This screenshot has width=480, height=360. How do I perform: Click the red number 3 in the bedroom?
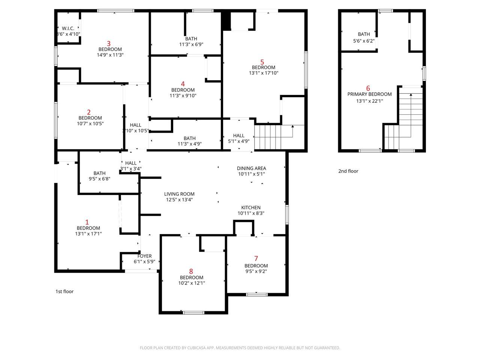pos(109,43)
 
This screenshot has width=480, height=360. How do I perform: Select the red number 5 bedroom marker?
pos(262,62)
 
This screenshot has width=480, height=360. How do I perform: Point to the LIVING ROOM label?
pos(179,194)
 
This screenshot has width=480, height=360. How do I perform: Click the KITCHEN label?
pos(251,208)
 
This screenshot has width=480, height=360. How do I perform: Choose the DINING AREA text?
pos(251,168)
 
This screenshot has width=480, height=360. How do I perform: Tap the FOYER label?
pos(144,256)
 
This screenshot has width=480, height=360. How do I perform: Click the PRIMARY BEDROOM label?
pos(369,94)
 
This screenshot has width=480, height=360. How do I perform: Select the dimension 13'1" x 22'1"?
pos(369,101)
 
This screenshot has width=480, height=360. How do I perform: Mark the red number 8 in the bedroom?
pos(191,271)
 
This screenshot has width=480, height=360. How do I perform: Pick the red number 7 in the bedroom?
pos(256,258)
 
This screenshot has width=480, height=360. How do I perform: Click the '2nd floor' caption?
pos(348,171)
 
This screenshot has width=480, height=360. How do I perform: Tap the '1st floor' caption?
pos(64,291)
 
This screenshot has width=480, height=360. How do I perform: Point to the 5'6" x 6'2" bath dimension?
pos(364,40)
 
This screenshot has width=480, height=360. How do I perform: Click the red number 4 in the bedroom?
pos(183,84)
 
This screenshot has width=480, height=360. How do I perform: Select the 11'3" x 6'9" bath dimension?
pos(191,44)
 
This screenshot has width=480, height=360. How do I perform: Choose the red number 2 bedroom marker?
pos(89,112)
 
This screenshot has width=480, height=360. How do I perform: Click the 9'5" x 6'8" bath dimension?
pos(99,179)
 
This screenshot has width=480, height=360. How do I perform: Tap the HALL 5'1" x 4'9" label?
pos(238,138)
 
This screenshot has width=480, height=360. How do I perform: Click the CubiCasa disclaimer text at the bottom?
pos(240,348)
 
